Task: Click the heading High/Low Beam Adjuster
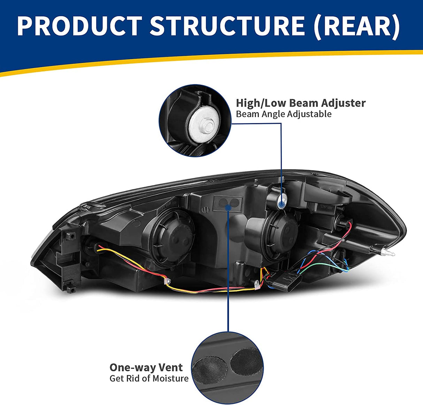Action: (301, 103)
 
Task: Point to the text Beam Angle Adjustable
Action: (284, 114)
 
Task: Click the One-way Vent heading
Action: (146, 367)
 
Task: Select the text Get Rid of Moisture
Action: (149, 378)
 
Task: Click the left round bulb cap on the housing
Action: (172, 232)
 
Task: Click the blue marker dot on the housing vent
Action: (228, 207)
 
